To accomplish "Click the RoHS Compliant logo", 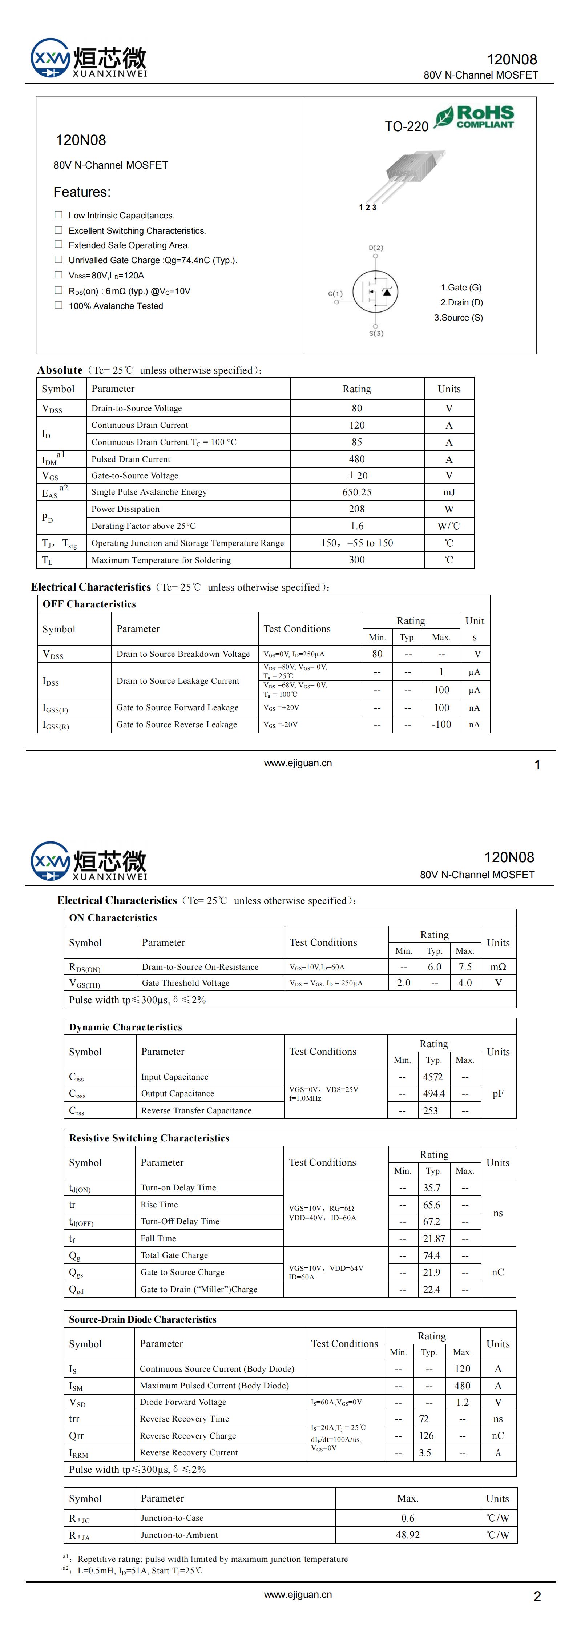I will point(475,117).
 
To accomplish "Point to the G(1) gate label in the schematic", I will point(335,293).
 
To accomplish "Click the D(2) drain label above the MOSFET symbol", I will point(376,248).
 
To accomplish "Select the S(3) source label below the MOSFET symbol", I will point(376,333).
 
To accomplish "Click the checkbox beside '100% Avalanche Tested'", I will point(58,305).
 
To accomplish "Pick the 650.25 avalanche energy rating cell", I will point(356,492).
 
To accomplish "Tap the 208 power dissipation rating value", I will point(356,509).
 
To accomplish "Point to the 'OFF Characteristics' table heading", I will point(89,604).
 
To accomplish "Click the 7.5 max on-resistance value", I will point(465,967).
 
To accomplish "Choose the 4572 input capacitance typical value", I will point(433,1076).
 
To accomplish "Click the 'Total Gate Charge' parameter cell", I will point(174,1255).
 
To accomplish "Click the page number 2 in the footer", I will point(537,1596).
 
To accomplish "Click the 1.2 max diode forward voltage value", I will point(462,1402).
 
